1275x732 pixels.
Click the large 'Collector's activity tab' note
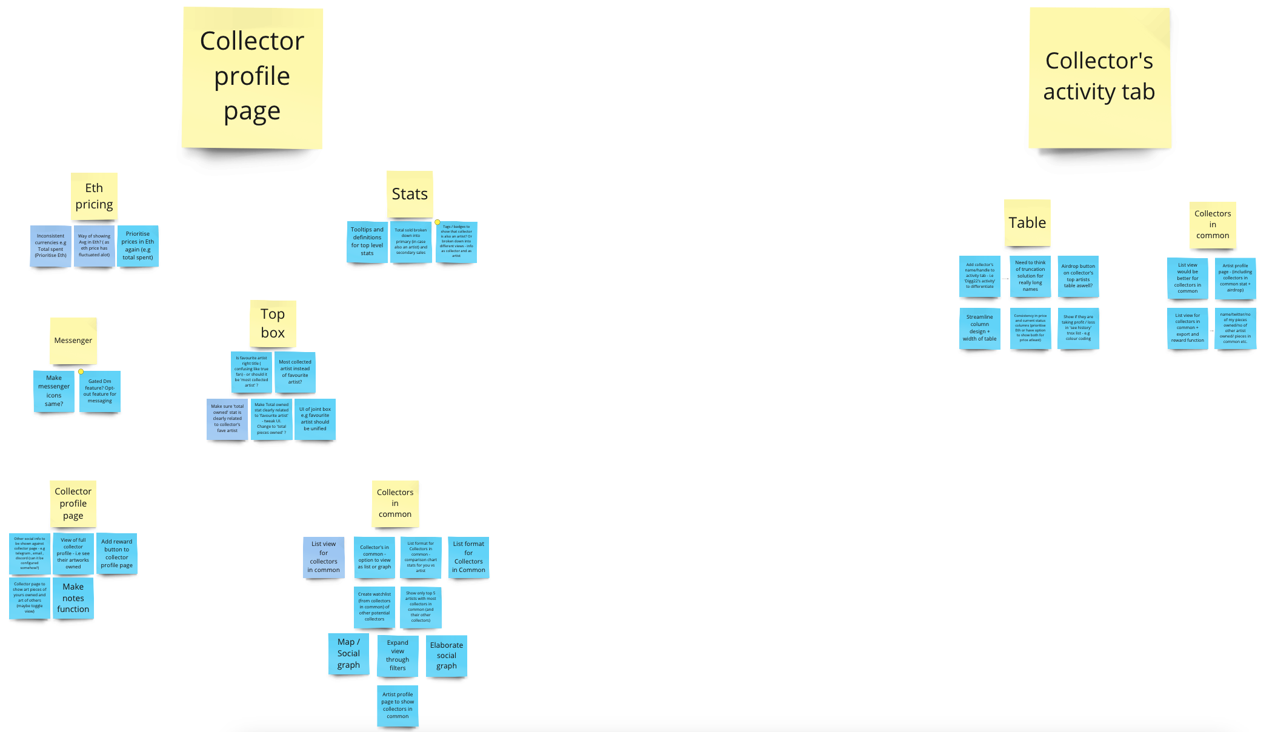tap(1099, 78)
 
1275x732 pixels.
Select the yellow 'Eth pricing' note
tap(94, 196)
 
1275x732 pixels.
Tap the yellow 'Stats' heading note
tap(410, 194)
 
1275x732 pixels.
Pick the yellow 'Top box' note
tap(273, 324)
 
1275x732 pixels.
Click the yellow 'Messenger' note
tap(73, 341)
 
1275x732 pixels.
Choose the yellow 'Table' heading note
tap(1027, 223)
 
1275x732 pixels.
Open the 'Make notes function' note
tap(73, 598)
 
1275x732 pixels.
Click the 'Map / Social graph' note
tap(348, 654)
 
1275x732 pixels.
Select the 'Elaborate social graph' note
tap(447, 656)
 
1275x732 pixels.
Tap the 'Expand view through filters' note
tap(398, 656)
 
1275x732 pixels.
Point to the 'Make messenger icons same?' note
tap(54, 391)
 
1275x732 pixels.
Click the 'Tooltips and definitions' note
tap(367, 242)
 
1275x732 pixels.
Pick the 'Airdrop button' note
tap(1078, 276)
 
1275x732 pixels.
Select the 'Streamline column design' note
tap(979, 328)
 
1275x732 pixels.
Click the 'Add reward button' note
tap(117, 553)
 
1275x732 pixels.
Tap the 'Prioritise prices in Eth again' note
tap(138, 245)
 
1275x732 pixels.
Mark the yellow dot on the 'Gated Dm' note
tap(81, 371)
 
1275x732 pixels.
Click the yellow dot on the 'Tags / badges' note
tap(438, 222)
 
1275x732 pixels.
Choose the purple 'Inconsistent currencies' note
tap(51, 246)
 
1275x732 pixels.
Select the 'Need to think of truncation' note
tap(1030, 276)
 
